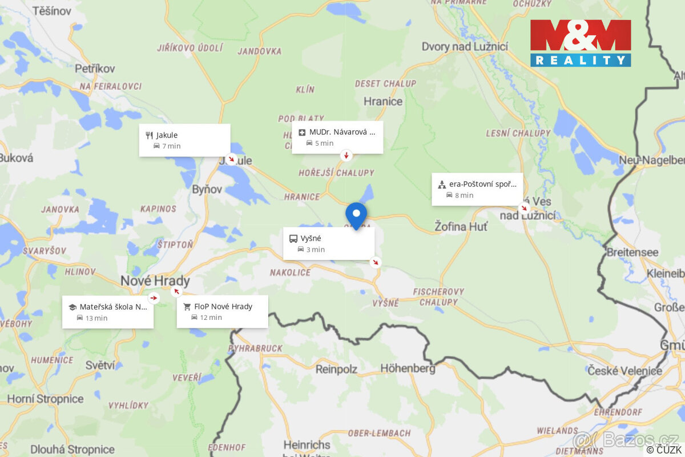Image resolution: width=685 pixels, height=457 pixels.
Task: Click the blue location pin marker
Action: (356, 215)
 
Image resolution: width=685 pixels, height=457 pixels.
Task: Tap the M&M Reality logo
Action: (581, 43)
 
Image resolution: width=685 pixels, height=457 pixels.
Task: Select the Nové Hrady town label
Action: (155, 282)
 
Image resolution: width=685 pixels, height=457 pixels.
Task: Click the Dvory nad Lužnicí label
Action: (464, 47)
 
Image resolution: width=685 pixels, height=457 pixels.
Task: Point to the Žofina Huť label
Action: (461, 226)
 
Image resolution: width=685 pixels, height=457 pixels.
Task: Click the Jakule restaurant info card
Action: (184, 140)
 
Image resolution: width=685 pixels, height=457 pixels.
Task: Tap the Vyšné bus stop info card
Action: (329, 243)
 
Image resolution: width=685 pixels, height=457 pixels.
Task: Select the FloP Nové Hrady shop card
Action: (222, 311)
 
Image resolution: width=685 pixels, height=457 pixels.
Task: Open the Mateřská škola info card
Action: (107, 311)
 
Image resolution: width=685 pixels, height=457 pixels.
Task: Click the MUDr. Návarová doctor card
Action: (337, 137)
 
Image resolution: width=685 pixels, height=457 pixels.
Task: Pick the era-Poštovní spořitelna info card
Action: (477, 189)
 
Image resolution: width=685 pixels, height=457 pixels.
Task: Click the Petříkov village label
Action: (95, 69)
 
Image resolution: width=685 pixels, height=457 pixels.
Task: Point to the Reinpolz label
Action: (336, 369)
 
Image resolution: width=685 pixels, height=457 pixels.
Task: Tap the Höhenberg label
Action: (408, 368)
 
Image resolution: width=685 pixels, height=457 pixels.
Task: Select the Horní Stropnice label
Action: (45, 399)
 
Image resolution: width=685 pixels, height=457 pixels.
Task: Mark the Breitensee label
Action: (632, 252)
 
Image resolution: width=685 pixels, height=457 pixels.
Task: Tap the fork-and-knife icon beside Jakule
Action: (150, 135)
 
